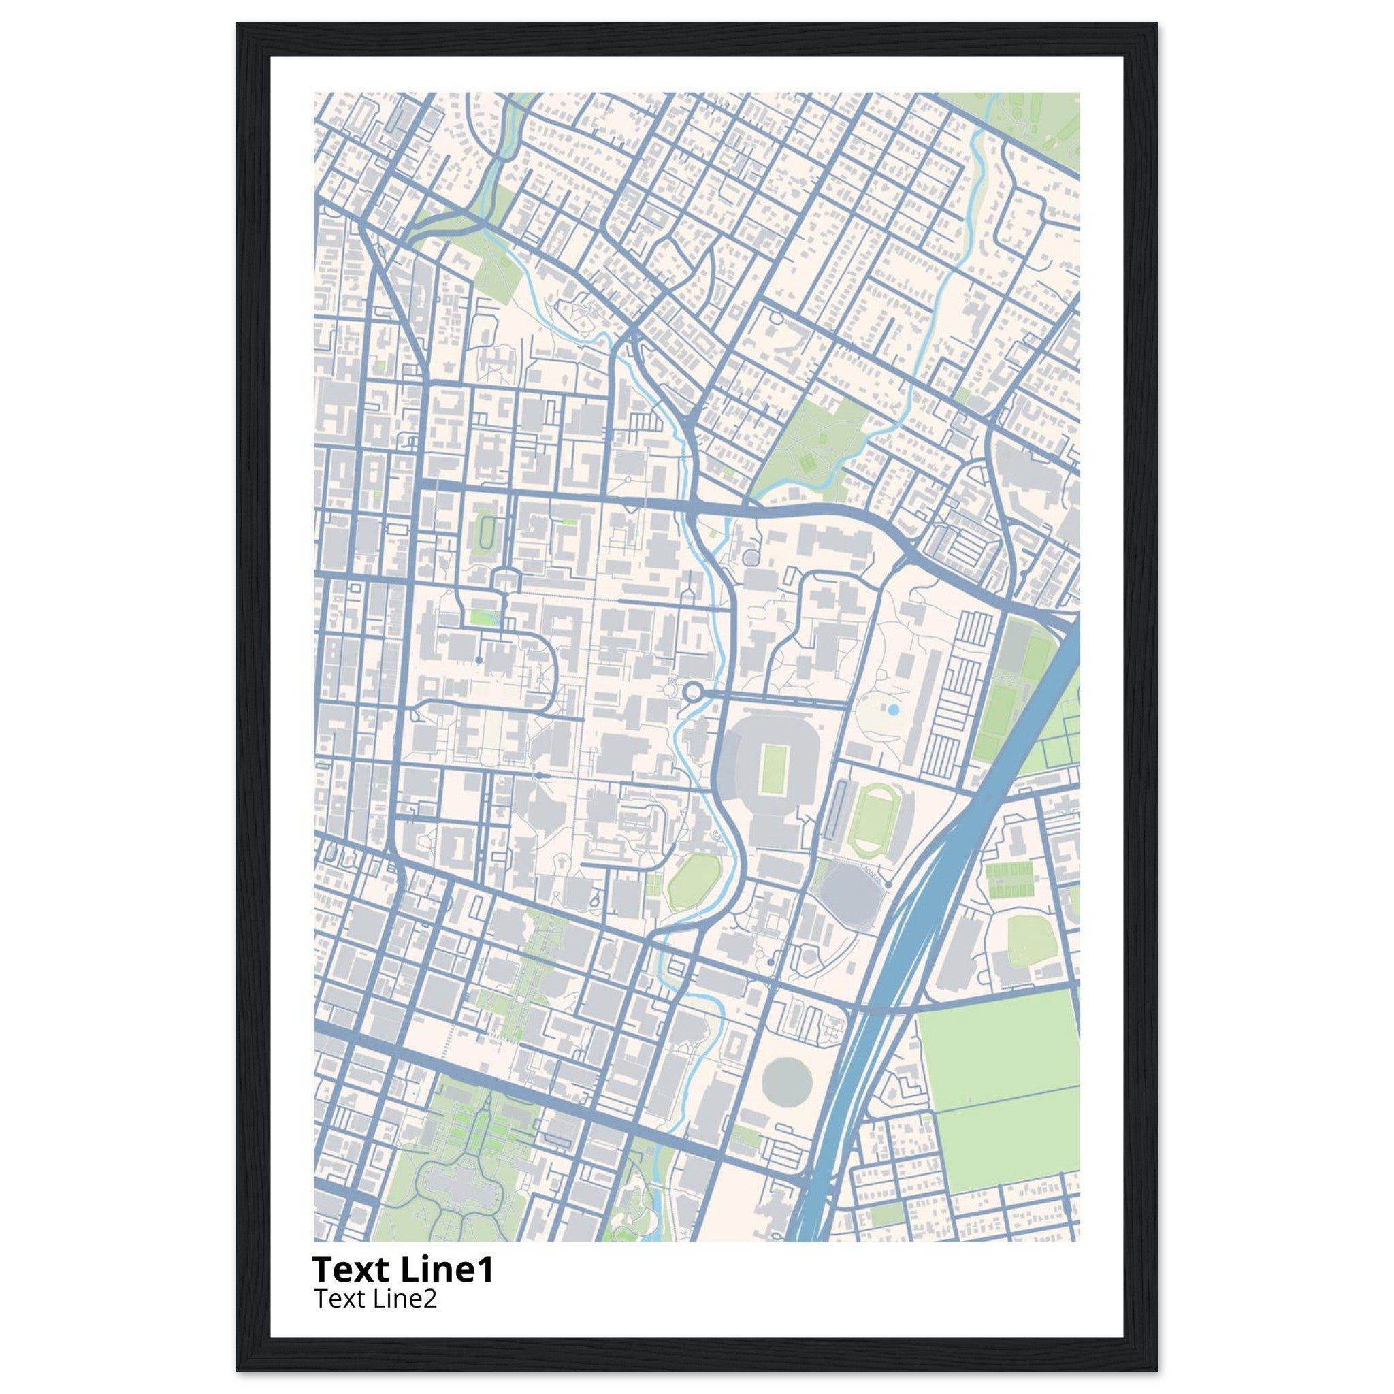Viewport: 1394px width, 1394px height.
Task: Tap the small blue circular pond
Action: point(893,710)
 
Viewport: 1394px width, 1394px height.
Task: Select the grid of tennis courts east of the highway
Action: point(1010,880)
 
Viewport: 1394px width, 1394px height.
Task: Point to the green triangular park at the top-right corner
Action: point(1039,119)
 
